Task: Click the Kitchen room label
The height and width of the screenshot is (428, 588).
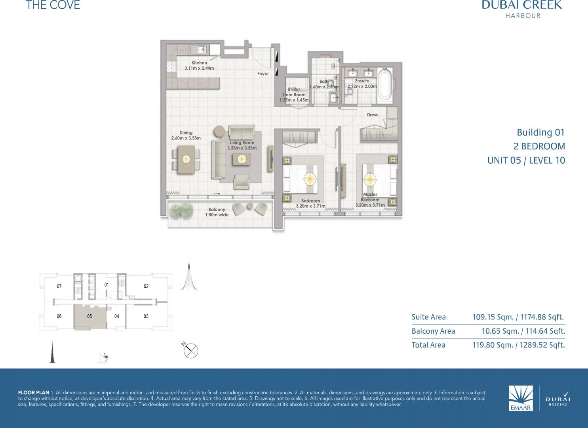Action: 199,63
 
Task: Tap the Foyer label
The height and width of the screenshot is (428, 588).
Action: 263,74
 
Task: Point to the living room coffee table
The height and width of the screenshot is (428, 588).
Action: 242,159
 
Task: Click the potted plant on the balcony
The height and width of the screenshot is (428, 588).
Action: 181,210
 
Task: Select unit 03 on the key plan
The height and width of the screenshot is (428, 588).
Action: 146,316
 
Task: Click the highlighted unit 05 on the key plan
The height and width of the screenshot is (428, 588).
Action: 90,317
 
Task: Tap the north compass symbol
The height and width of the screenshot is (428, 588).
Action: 190,350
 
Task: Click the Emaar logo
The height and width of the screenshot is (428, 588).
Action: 521,398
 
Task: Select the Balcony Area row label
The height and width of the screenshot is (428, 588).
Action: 434,331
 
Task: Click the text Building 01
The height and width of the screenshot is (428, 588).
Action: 541,132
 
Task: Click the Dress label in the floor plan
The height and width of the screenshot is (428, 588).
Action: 373,115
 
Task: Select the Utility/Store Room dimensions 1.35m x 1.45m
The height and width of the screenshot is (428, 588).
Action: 294,100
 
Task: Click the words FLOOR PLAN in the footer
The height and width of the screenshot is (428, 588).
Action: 34,393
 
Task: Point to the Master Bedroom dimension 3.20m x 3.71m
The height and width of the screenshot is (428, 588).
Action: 370,205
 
